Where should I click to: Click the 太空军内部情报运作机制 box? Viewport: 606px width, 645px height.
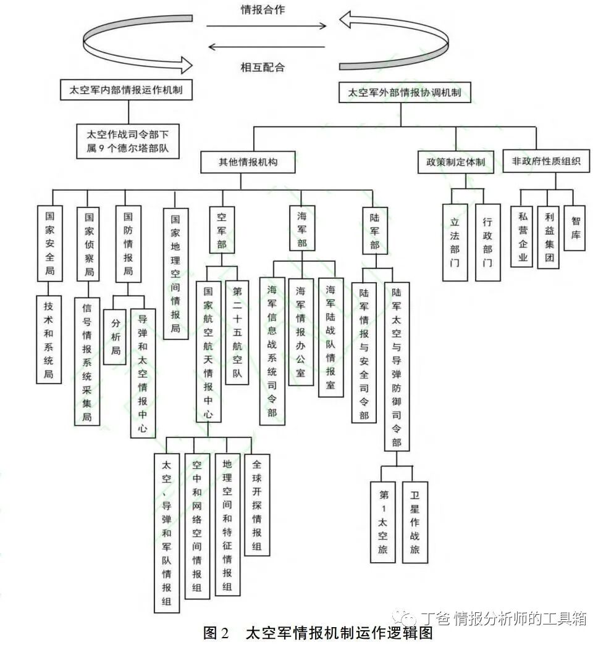[126, 91]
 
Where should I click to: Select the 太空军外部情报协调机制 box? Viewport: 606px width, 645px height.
[404, 94]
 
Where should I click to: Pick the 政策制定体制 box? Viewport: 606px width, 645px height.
[455, 163]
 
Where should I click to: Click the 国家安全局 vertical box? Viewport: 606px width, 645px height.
[50, 243]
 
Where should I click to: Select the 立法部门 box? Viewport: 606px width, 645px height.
[455, 241]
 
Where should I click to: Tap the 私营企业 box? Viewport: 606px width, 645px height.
[523, 236]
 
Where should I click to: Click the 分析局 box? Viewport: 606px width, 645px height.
[116, 337]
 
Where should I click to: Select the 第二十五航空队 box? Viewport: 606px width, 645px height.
[237, 333]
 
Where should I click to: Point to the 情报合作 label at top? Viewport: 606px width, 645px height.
[263, 10]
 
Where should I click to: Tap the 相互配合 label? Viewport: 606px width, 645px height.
[263, 67]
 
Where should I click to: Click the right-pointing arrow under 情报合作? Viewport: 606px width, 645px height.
[266, 26]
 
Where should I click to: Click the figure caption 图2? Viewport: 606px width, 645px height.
[217, 633]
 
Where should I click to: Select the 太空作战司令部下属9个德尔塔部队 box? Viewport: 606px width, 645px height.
[128, 141]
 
